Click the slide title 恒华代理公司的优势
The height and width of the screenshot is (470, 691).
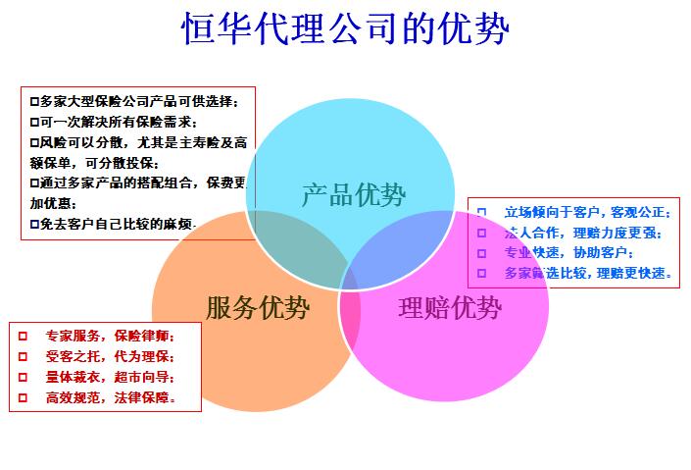pos(345,28)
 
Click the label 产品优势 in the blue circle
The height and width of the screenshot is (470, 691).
pos(354,194)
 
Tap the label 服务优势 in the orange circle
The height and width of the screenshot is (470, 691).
pos(258,307)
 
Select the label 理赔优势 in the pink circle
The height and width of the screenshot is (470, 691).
pos(450,307)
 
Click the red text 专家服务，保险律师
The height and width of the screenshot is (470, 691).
pos(110,336)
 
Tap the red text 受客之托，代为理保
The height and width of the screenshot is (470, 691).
pos(110,356)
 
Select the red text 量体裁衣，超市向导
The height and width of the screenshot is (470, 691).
pos(110,377)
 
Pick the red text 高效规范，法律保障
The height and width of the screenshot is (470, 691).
pos(111,397)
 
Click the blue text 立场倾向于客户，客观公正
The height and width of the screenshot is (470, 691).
pos(588,212)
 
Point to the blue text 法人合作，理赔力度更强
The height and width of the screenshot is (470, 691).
pos(583,233)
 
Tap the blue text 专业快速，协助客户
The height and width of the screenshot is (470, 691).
pos(568,252)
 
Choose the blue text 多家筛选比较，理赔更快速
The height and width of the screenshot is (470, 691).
pos(588,273)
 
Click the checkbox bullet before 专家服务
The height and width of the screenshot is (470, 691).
pos(23,337)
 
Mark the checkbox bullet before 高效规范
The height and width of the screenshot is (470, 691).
pos(23,397)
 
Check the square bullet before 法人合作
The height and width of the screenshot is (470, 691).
pos(481,233)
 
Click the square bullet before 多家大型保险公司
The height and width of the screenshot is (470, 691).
pos(34,102)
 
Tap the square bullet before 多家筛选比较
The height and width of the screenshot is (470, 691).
pos(481,273)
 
